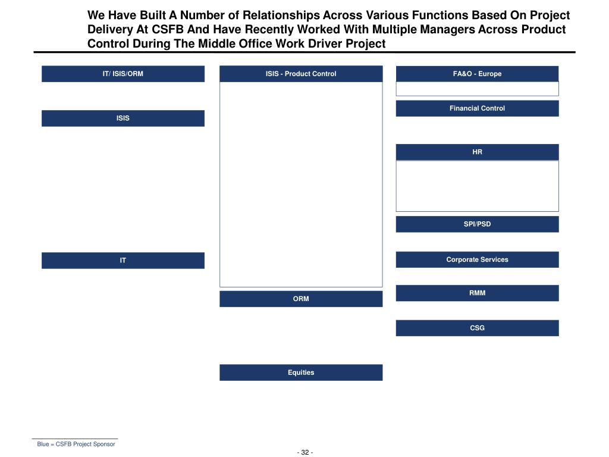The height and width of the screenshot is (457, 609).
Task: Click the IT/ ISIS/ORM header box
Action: (x=123, y=74)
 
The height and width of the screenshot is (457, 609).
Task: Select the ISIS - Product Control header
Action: (x=300, y=74)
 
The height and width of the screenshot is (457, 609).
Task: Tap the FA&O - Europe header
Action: (x=477, y=74)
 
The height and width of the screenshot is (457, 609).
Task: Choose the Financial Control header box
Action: (x=477, y=108)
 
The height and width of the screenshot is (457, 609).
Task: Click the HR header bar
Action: (x=477, y=152)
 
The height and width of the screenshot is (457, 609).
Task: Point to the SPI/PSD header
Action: (x=477, y=224)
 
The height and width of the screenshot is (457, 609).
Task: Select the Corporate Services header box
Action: (x=477, y=259)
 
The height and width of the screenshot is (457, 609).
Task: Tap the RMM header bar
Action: (x=477, y=293)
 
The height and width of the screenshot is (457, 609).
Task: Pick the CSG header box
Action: (x=477, y=328)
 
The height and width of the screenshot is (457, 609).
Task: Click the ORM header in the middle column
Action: (x=300, y=299)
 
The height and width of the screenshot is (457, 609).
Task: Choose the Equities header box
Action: (x=300, y=373)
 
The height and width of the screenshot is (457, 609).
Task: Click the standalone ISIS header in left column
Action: (x=123, y=118)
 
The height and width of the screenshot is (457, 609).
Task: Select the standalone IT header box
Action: (x=123, y=261)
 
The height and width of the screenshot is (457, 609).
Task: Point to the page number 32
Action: (x=305, y=452)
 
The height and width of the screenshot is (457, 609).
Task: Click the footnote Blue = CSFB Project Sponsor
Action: (x=76, y=444)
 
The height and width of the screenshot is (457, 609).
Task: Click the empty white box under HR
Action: (x=477, y=186)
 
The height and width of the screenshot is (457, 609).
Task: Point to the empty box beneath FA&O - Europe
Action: (x=477, y=89)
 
